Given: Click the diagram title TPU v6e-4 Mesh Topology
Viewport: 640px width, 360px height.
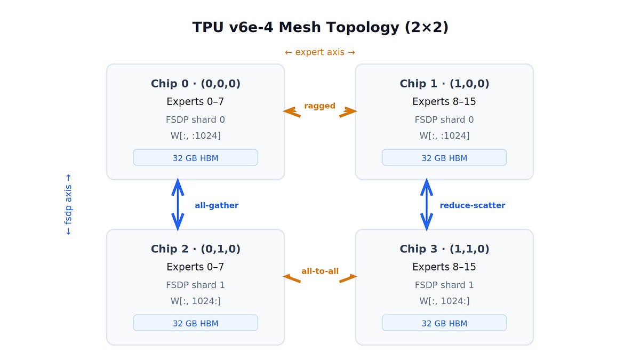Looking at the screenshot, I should point(320,27).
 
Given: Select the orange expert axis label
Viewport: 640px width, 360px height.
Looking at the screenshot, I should point(320,52).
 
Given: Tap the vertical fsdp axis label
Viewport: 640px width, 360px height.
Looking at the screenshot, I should point(68,205).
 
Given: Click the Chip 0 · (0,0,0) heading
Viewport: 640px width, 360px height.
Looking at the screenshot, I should point(195,84).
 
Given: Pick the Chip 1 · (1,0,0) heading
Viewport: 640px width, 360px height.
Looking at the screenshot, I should point(444,84).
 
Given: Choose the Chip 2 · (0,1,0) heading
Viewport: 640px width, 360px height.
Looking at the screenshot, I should point(195,249).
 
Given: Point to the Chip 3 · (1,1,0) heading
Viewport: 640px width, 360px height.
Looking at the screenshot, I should point(444,249).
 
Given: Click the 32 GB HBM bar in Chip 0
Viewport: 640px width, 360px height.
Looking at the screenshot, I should point(195,158).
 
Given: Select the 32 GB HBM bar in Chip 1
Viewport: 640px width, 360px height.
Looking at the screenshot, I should point(444,158).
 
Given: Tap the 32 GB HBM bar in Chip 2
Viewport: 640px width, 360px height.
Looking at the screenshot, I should point(195,323).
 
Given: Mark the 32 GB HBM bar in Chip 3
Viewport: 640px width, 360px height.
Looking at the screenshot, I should point(444,323).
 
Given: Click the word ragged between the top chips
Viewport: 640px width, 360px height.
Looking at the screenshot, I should point(319,106).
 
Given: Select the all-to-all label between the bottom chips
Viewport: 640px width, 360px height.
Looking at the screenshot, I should point(320,271).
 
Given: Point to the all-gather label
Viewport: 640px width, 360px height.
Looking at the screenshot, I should point(217,205).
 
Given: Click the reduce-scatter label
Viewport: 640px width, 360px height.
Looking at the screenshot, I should point(472,205).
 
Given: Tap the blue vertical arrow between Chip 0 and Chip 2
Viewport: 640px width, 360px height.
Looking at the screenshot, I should point(178,205).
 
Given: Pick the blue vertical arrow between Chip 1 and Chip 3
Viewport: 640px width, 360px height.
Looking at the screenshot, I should point(427,205).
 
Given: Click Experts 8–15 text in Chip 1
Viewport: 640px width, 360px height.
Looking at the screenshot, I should point(444,101).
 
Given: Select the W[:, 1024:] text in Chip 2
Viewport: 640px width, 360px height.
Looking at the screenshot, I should point(195,301).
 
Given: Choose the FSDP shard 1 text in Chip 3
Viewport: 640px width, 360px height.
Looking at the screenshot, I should point(444,285).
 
